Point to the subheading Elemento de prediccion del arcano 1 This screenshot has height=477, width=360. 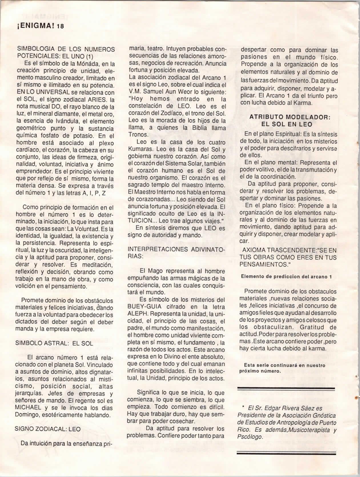pos(286,276)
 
